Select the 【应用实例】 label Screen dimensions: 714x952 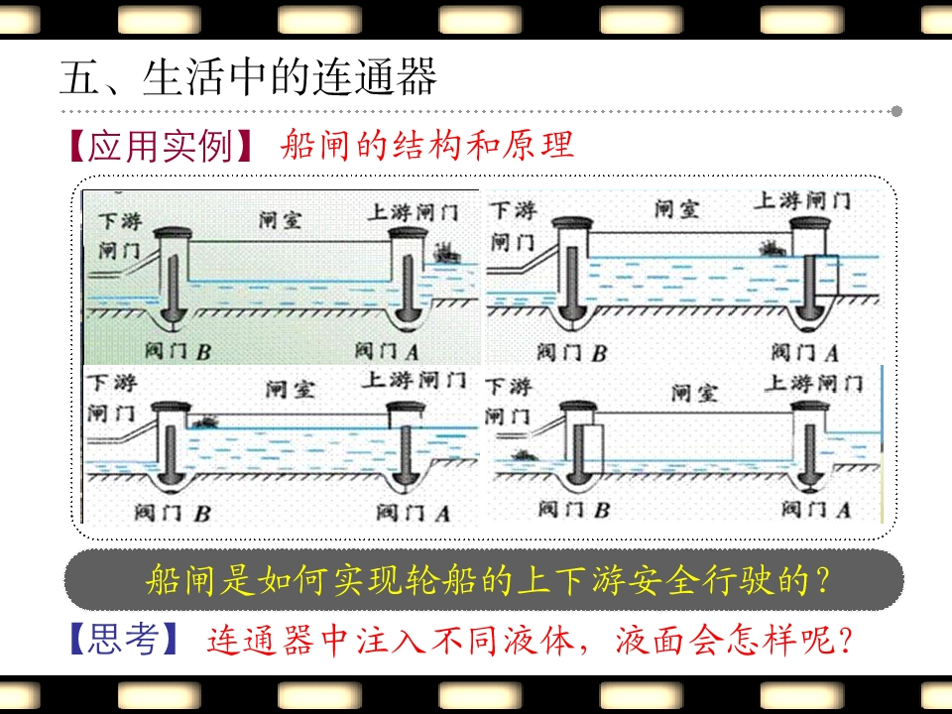[162, 147]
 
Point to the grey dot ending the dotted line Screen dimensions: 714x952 [896, 111]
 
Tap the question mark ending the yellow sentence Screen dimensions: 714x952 [820, 580]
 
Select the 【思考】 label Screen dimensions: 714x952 [126, 639]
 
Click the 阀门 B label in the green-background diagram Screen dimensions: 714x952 [177, 350]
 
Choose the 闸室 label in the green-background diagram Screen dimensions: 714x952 [280, 219]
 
